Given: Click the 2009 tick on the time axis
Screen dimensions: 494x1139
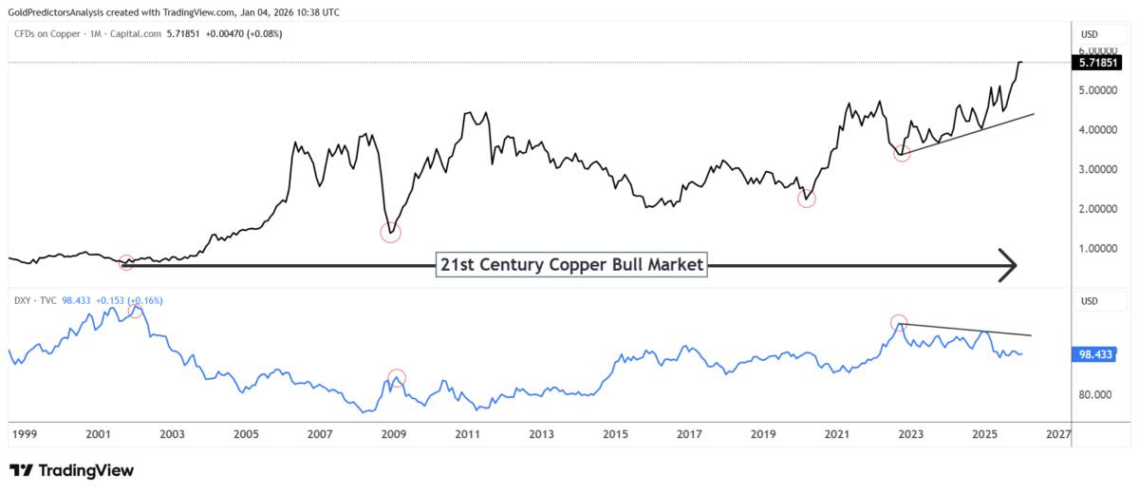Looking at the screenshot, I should pyautogui.click(x=394, y=434).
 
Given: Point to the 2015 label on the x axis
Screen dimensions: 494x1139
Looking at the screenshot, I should pyautogui.click(x=615, y=434).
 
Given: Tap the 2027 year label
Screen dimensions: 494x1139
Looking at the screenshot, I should pyautogui.click(x=1058, y=434).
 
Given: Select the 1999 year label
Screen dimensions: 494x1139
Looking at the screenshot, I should pyautogui.click(x=24, y=434).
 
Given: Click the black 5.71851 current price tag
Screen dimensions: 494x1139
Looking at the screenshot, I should pyautogui.click(x=1095, y=63).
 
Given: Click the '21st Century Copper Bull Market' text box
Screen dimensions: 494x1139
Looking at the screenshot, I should pyautogui.click(x=572, y=265).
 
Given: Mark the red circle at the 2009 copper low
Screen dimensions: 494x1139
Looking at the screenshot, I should pyautogui.click(x=390, y=232).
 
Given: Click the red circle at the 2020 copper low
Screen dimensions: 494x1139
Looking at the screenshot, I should pyautogui.click(x=807, y=199).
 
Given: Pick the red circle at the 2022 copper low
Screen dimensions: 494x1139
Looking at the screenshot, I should pyautogui.click(x=902, y=153).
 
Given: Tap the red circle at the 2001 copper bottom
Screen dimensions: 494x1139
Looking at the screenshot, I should pyautogui.click(x=126, y=262).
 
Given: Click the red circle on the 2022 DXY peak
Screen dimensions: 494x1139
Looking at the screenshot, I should pyautogui.click(x=899, y=322).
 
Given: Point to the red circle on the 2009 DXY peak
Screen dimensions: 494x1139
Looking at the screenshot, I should pyautogui.click(x=397, y=377).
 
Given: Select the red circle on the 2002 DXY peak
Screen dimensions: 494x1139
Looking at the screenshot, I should pyautogui.click(x=136, y=310).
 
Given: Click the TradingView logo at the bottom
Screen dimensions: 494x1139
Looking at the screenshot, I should pyautogui.click(x=71, y=470).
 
